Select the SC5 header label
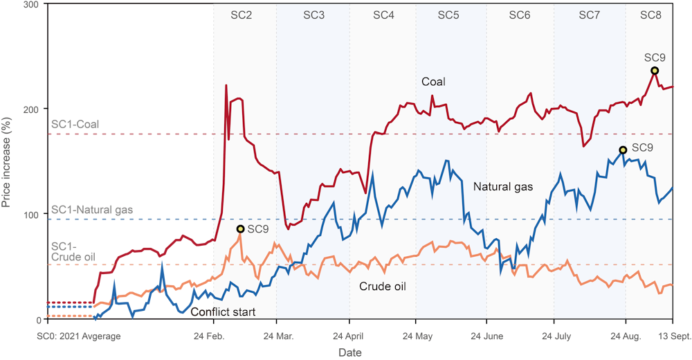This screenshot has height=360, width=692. point(448,15)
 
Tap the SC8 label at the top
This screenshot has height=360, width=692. point(650,15)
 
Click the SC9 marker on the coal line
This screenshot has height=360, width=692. point(655,71)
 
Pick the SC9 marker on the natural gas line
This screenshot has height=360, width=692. point(623,150)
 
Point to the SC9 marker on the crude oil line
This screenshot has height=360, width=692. point(240,229)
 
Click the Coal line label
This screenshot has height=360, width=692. point(433,82)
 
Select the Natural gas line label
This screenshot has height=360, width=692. point(502,186)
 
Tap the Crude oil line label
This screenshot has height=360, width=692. point(382,286)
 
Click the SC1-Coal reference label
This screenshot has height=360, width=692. point(75,125)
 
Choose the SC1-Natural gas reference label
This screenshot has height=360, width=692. point(91,209)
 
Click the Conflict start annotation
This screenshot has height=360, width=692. point(223,312)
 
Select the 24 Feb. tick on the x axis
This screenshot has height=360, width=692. point(210,337)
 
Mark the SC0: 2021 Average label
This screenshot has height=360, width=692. point(78,337)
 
